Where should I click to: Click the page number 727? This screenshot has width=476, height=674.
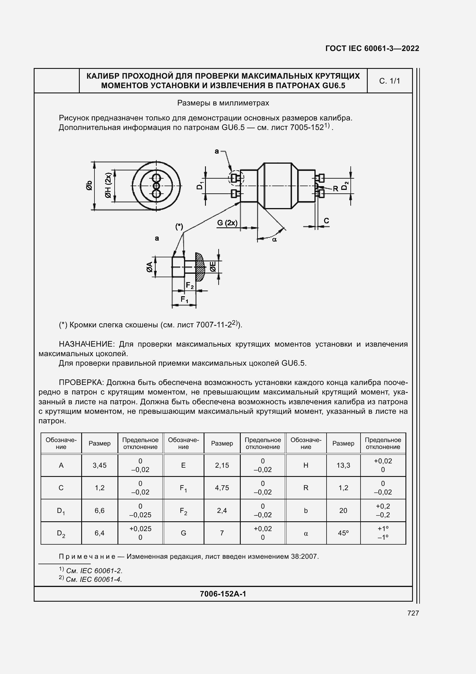coord(413,613)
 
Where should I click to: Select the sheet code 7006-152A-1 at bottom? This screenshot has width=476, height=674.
coord(223,594)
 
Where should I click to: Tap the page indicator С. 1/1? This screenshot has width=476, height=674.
coord(390,81)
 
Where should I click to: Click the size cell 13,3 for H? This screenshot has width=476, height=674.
coord(343,465)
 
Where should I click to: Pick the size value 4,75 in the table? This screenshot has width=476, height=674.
coord(222,488)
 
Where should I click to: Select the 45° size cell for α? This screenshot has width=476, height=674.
coord(343,533)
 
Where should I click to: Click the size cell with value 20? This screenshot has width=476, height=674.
coord(343,511)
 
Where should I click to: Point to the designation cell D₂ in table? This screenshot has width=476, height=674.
coord(61,533)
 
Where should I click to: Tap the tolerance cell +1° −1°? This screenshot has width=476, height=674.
coord(383,533)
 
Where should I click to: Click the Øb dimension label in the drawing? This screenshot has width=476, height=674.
coord(89,186)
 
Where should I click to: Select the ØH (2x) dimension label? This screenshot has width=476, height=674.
coord(108,186)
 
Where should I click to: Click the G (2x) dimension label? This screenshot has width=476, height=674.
coord(227,223)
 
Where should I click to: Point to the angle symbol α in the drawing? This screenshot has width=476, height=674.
coord(274,239)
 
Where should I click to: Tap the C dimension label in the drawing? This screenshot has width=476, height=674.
coord(326,221)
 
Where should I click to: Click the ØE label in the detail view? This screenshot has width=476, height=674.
coord(213,267)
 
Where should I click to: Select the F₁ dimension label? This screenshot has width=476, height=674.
coord(184,299)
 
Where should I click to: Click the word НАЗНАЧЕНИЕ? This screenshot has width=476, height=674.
coord(86,344)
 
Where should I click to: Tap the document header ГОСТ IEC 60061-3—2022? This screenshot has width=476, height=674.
coord(372,48)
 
